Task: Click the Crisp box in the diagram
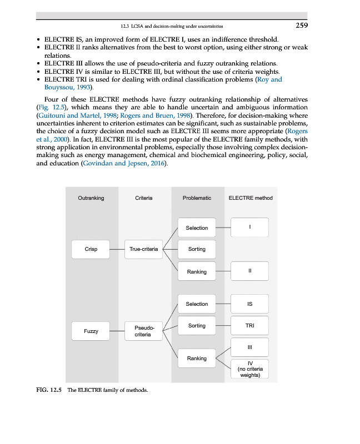tap(91, 249)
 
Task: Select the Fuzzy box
tap(91, 331)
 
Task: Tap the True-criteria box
tap(143, 249)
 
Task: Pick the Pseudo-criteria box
tap(143, 331)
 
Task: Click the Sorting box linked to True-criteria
tap(197, 249)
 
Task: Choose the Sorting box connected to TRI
tap(197, 326)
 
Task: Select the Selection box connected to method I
tap(197, 228)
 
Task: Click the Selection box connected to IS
tap(197, 304)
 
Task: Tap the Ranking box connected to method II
tap(197, 271)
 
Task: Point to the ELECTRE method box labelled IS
tap(249, 304)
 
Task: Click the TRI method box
tap(249, 326)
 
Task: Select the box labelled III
tap(249, 347)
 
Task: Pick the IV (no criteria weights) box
tap(249, 369)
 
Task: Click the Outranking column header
tap(91, 198)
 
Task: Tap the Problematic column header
tap(197, 198)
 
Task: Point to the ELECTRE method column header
tap(251, 198)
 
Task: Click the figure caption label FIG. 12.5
tap(48, 390)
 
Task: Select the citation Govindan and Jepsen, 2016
tap(123, 165)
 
